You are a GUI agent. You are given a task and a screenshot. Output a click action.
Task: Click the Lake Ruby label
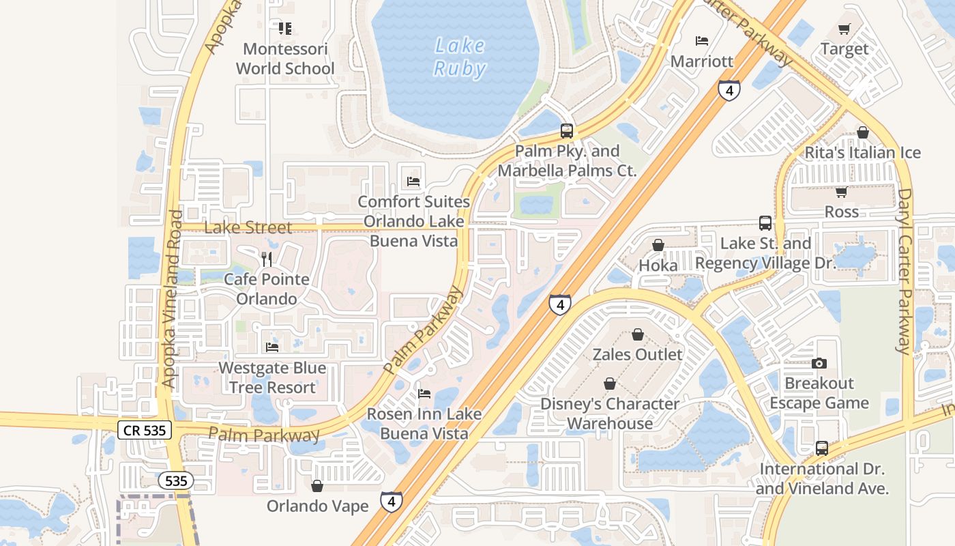[x=460, y=57]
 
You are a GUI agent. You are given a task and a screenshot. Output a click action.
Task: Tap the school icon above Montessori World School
[x=285, y=29]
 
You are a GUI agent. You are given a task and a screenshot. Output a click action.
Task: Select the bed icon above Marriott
[x=702, y=41]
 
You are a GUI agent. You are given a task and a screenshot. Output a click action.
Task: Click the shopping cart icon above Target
[x=844, y=29]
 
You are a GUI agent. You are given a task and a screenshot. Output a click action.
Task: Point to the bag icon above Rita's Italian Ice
[x=863, y=132]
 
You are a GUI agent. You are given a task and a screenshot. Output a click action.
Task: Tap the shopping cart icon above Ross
[x=842, y=192]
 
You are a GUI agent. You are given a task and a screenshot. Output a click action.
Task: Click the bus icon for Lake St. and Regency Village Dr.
[x=765, y=223]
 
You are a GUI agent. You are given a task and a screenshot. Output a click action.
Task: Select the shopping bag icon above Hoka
[x=658, y=245]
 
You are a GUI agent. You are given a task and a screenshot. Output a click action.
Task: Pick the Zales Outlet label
[x=637, y=354]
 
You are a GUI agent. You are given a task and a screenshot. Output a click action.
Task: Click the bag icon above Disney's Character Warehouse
[x=610, y=384]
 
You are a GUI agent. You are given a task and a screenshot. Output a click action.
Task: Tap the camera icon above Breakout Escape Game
[x=819, y=363]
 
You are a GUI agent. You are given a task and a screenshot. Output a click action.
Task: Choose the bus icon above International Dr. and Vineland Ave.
[x=822, y=448]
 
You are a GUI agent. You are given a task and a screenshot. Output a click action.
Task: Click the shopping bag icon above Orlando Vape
[x=317, y=486]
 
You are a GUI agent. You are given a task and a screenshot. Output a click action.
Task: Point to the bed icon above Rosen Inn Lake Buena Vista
[x=424, y=394]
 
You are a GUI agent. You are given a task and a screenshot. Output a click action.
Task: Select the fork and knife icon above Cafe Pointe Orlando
[x=267, y=259]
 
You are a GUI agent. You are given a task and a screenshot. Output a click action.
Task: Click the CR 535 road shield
[x=144, y=429]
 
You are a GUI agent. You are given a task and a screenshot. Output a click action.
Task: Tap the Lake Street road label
[x=248, y=227]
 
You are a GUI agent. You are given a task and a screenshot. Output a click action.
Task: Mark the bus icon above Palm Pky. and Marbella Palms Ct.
[x=567, y=131]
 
